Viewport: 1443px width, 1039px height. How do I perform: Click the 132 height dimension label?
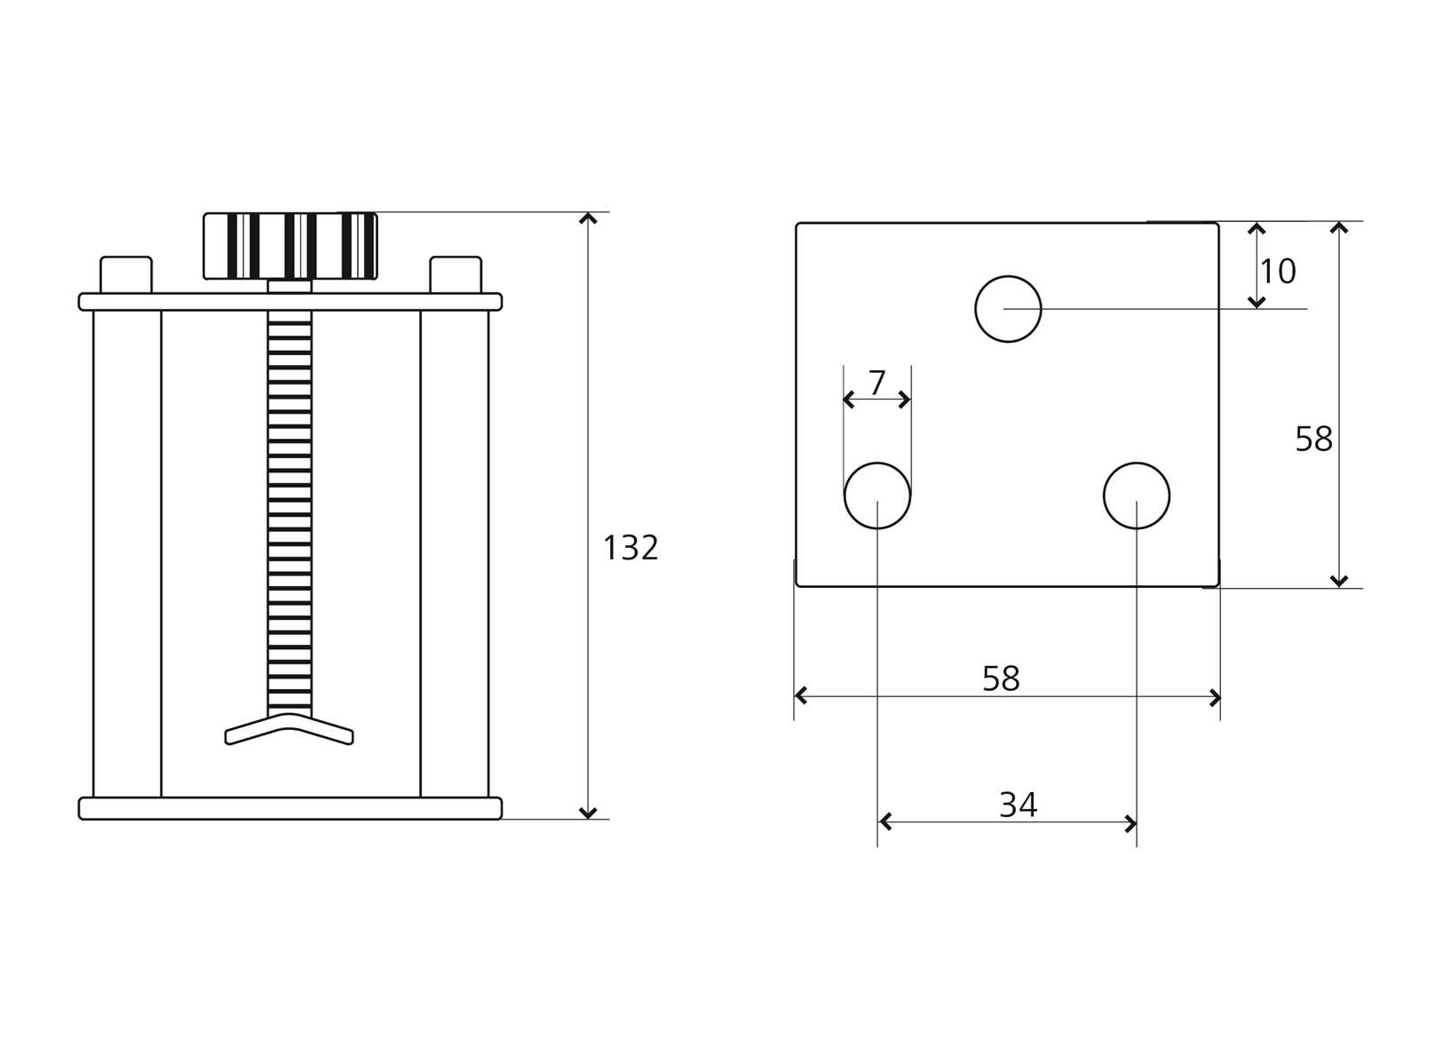(x=630, y=548)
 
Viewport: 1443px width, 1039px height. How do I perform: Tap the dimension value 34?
(x=1018, y=805)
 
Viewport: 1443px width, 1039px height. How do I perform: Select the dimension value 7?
(x=877, y=383)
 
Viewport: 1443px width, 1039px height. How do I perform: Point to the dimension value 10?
(x=1278, y=272)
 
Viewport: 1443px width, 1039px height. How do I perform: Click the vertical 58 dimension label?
(x=1313, y=439)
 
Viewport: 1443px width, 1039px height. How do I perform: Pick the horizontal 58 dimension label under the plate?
(x=1001, y=679)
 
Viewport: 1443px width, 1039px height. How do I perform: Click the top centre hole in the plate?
(x=1008, y=309)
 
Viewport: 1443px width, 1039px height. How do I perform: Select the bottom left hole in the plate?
(x=877, y=496)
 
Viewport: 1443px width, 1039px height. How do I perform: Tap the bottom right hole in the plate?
(x=1137, y=496)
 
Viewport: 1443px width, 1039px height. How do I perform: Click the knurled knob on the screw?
(x=290, y=246)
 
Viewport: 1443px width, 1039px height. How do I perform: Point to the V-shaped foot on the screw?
(x=289, y=729)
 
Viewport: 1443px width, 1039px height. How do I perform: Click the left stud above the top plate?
(x=126, y=275)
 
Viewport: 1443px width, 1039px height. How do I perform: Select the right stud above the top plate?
(x=456, y=275)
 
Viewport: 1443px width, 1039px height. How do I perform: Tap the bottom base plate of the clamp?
(x=290, y=808)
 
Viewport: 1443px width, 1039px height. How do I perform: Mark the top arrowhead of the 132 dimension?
(x=588, y=218)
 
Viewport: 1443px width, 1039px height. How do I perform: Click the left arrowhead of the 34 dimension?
(x=884, y=822)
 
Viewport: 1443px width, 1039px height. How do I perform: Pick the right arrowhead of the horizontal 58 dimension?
(x=1216, y=697)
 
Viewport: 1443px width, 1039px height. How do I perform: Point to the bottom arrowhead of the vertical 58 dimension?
(x=1339, y=582)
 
